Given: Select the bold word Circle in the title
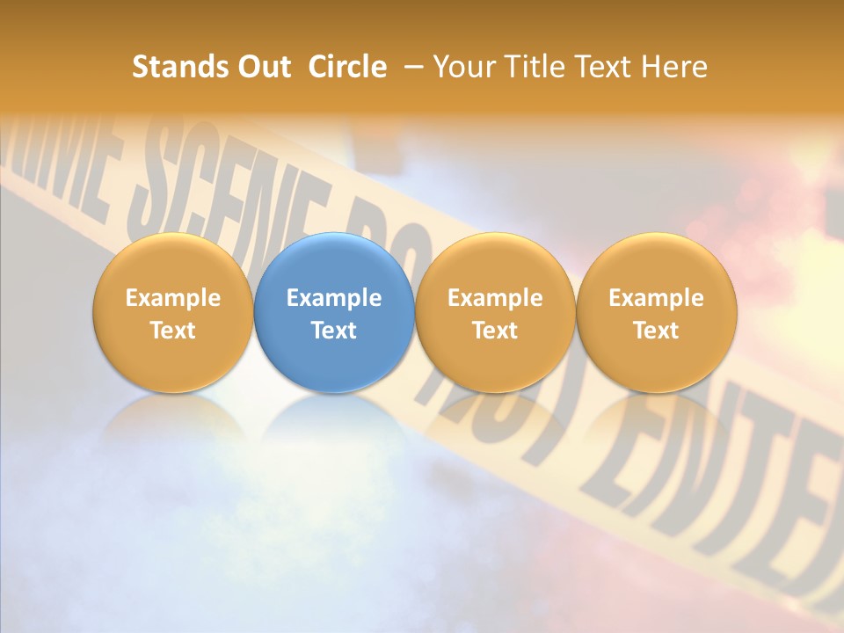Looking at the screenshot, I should [x=347, y=67].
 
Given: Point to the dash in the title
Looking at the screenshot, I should [x=414, y=67].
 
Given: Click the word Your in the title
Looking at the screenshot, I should [x=462, y=67].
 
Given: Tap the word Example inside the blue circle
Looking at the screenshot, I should [x=334, y=298].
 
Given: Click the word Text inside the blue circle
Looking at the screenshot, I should [x=334, y=331].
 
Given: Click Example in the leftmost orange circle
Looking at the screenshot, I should [x=173, y=298].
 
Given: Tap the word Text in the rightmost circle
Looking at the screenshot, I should [x=656, y=331].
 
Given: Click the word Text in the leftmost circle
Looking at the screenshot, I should [x=173, y=331].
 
